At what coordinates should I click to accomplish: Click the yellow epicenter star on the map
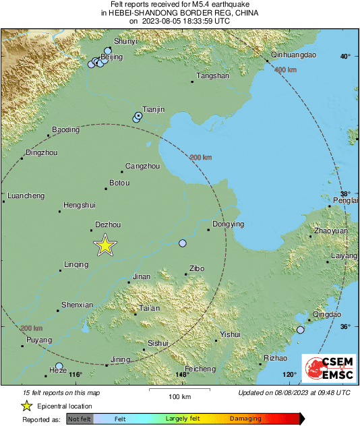point(104,245)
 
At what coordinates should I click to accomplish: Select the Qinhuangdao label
point(293,55)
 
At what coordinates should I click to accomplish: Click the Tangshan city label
point(213,75)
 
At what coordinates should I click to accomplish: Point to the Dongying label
point(228,224)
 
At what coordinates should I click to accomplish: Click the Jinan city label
point(142,276)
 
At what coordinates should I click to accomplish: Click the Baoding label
point(65,129)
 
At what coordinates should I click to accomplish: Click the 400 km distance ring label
point(286,69)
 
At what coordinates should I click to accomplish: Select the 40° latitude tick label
point(345,56)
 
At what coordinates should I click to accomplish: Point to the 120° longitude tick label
point(289,375)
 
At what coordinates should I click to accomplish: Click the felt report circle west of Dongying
point(182,243)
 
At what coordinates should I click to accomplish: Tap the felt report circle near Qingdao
point(301,330)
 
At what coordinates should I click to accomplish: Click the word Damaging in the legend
point(245,419)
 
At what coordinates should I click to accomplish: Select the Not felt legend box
point(80,419)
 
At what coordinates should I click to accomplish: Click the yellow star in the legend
point(26,406)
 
